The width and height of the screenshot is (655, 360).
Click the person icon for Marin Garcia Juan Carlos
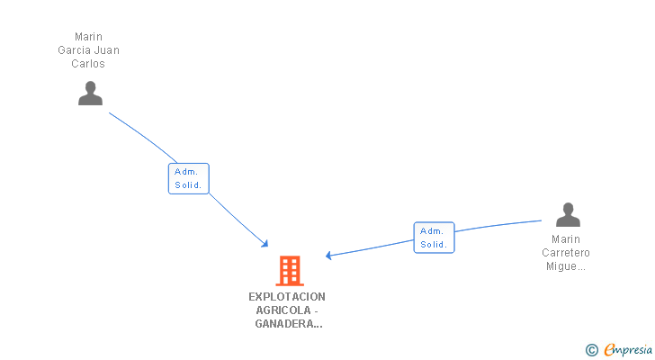(90, 94)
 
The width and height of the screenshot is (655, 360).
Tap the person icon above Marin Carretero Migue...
(568, 215)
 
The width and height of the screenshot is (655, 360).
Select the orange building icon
(289, 270)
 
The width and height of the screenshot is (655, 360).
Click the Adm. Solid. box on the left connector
(189, 178)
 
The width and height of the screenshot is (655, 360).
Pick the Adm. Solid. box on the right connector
(434, 238)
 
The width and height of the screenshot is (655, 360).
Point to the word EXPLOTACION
(287, 296)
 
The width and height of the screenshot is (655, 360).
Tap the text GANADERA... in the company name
(288, 323)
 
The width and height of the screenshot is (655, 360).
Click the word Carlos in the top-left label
(88, 64)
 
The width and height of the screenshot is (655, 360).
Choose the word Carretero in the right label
(566, 253)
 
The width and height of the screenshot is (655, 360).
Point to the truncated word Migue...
(566, 266)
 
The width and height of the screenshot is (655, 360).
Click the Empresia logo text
(630, 349)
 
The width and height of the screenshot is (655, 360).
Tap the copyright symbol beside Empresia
(591, 349)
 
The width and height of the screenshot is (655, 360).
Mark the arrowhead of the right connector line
(329, 256)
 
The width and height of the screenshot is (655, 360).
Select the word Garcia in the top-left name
(74, 50)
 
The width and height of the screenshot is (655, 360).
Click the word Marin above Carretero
(566, 239)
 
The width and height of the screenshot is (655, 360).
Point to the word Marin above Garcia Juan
(88, 37)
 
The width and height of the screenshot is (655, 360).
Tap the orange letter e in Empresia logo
(608, 349)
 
